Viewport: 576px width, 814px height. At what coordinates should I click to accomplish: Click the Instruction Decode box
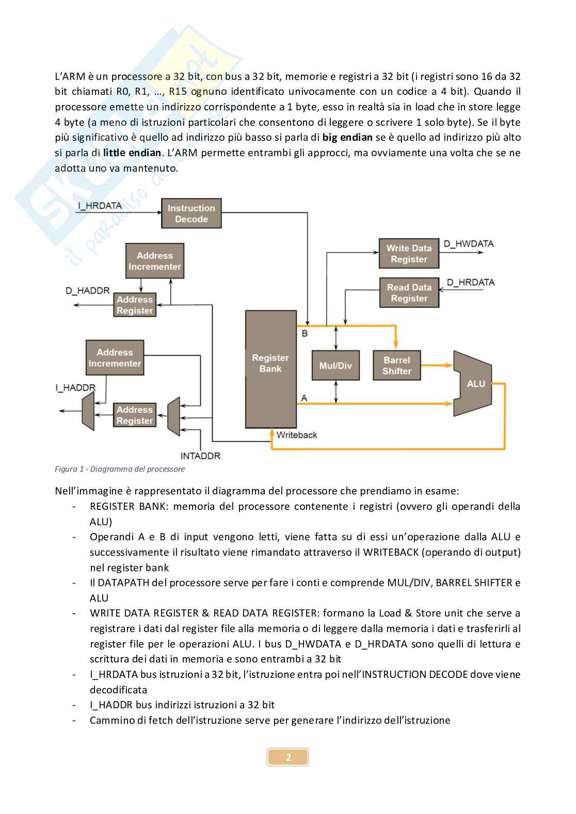tap(191, 213)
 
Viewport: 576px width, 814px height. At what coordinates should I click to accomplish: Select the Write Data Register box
tap(409, 254)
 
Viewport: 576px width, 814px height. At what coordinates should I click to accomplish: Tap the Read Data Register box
tap(409, 293)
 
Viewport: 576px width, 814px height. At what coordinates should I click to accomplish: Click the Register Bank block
tap(270, 369)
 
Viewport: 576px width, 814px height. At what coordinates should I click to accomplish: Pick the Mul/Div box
tap(335, 366)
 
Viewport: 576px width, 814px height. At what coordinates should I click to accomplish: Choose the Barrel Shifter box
tap(396, 366)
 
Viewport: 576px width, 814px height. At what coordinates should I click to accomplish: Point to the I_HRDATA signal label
tap(100, 206)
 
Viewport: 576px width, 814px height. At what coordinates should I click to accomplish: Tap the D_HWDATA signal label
tap(469, 243)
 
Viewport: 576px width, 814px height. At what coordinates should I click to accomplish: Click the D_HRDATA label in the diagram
tap(470, 282)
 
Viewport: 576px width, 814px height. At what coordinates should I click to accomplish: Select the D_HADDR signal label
tap(87, 291)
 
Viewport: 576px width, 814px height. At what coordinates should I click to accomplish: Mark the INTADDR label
tap(200, 456)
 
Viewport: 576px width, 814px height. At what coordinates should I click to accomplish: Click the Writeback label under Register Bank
tap(297, 435)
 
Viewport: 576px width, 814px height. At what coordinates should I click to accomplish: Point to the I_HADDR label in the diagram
tap(75, 388)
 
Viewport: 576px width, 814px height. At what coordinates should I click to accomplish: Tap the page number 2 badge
tap(288, 757)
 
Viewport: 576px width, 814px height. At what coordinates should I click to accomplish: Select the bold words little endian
tap(132, 153)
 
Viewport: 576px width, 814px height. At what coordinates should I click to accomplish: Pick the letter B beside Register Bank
tap(305, 334)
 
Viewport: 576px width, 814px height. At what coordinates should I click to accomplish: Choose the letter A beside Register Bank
tap(304, 397)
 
